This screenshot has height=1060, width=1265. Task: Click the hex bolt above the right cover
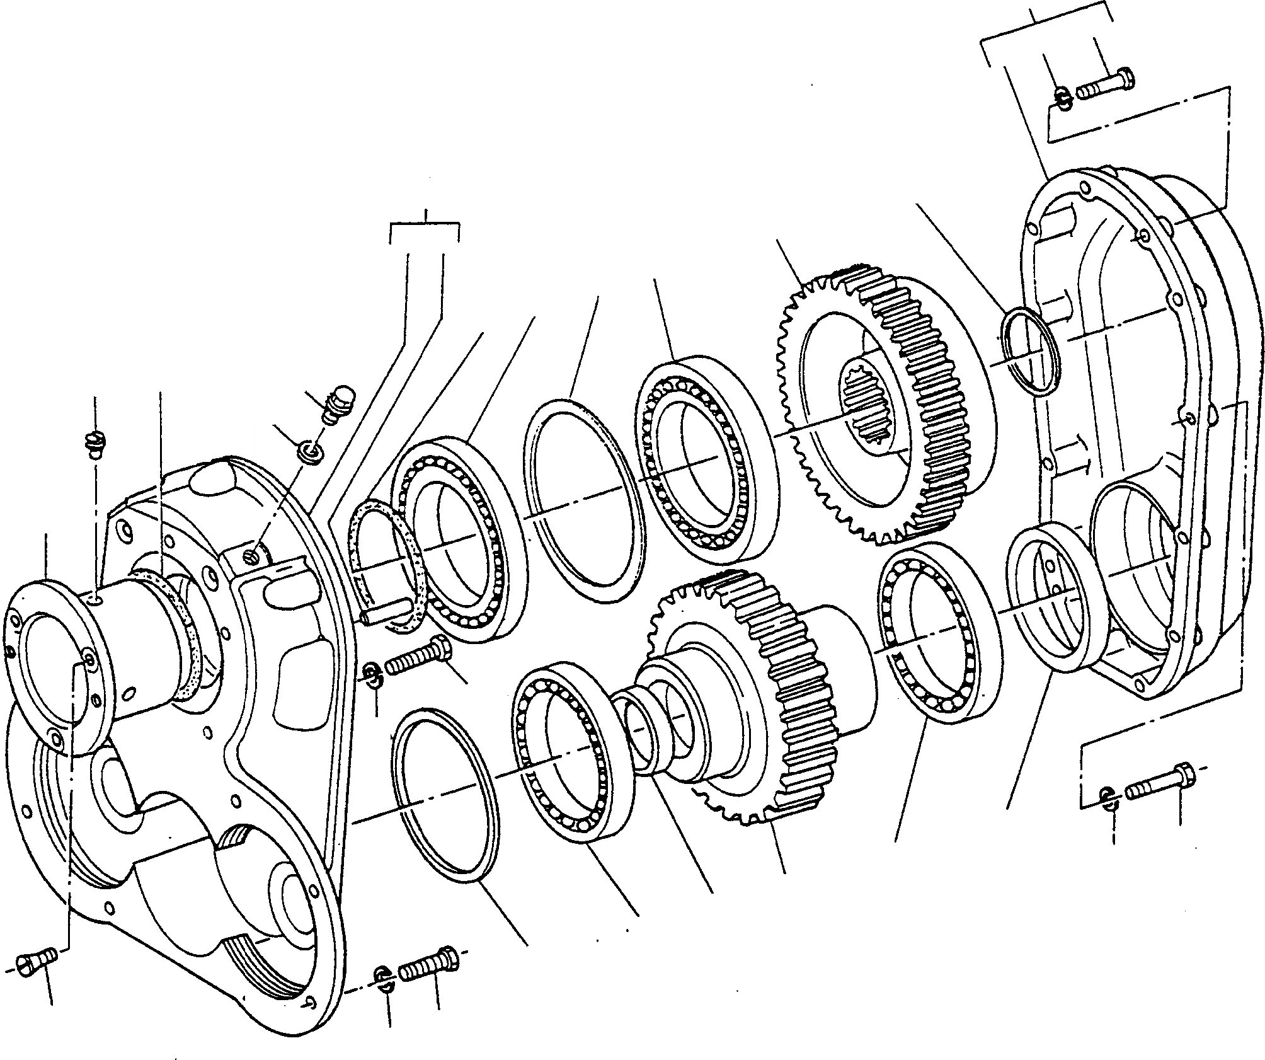(1106, 85)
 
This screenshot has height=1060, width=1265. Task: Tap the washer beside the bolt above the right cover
(1062, 98)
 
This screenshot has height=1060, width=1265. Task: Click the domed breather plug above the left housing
(340, 403)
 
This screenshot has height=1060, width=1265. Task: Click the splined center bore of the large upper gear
(873, 419)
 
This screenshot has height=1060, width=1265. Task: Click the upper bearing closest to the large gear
(706, 466)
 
